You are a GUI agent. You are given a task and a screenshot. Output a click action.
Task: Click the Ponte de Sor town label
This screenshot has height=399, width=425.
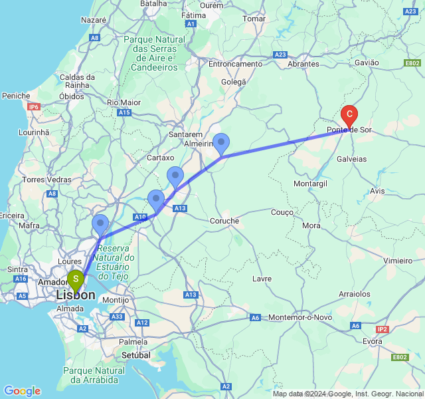pos(349,130)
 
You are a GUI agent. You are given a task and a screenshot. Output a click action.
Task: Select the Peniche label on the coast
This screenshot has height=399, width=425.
pos(16,96)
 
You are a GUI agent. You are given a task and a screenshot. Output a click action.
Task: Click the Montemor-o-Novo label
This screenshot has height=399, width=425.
pos(301,317)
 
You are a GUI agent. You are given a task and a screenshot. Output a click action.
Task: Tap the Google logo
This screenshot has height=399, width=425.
pos(22,391)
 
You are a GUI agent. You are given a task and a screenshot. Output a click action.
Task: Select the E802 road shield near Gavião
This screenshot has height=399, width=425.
pos(412,63)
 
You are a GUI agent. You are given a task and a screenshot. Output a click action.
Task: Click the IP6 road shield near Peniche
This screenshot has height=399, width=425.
pos(34,106)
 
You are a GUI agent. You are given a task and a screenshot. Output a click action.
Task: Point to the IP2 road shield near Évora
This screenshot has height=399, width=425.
pos(382,329)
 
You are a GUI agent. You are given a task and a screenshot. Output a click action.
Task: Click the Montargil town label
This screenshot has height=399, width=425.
pos(309,183)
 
